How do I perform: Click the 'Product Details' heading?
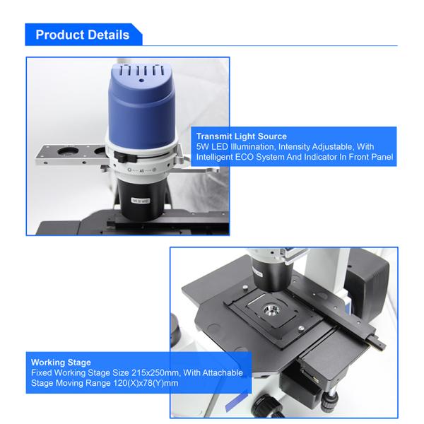pyautogui.click(x=83, y=35)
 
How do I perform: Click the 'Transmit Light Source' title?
pyautogui.click(x=242, y=136)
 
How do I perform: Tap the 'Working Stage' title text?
pyautogui.click(x=61, y=363)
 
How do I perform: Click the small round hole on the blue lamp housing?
pyautogui.click(x=141, y=81)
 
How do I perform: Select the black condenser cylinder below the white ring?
pyautogui.click(x=141, y=199)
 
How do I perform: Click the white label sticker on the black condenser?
pyautogui.click(x=141, y=201)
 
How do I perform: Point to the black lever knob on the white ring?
pyautogui.click(x=125, y=157)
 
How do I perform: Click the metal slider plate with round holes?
pyautogui.click(x=71, y=155)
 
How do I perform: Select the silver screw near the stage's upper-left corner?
pyautogui.click(x=245, y=287)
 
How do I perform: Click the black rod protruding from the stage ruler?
pyautogui.click(x=376, y=342)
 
